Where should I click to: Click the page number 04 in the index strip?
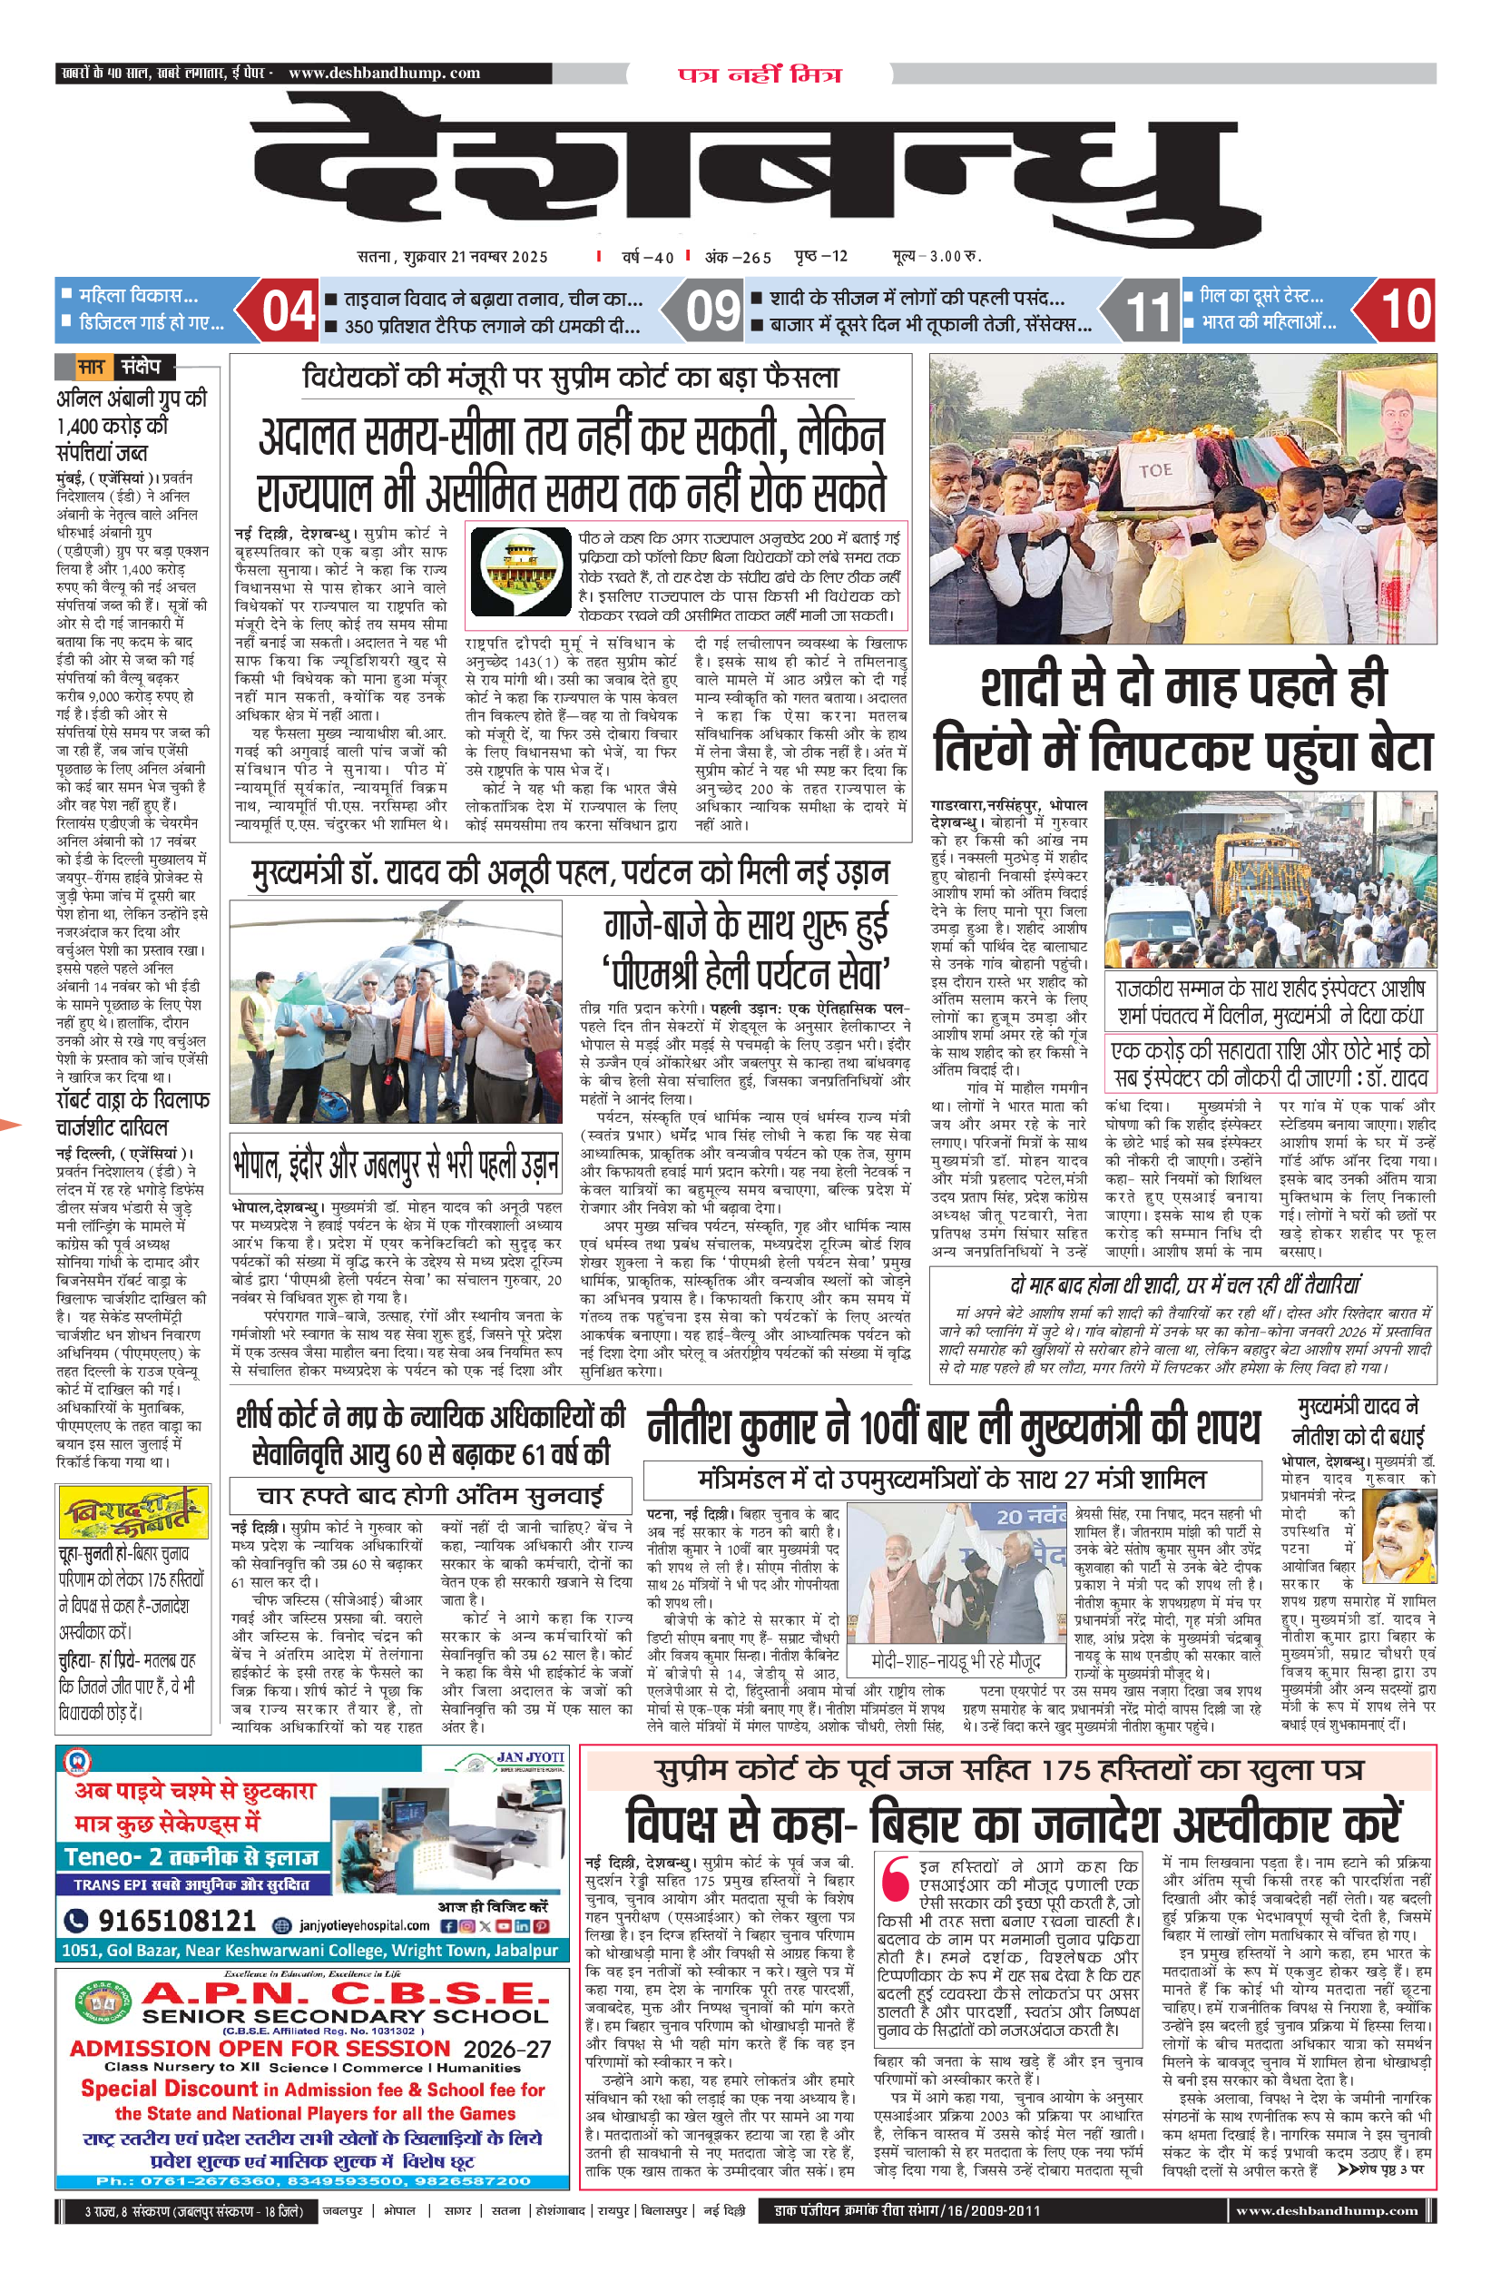pos(289,310)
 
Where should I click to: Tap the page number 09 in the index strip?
pos(712,310)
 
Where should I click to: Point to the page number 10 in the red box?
pos(1405,310)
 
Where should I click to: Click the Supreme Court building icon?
pos(520,574)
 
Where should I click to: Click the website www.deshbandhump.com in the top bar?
pos(384,73)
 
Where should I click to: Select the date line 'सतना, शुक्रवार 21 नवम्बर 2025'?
pos(453,256)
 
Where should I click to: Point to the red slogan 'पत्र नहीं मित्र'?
pos(760,74)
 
